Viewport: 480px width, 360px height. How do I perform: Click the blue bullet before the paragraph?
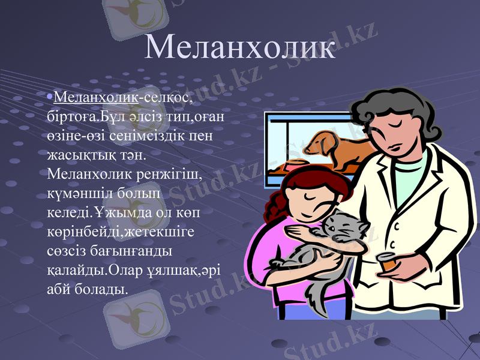(x=50, y=96)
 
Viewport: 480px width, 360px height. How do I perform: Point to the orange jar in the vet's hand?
(x=386, y=263)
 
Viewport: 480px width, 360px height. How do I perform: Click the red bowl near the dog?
(x=296, y=164)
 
